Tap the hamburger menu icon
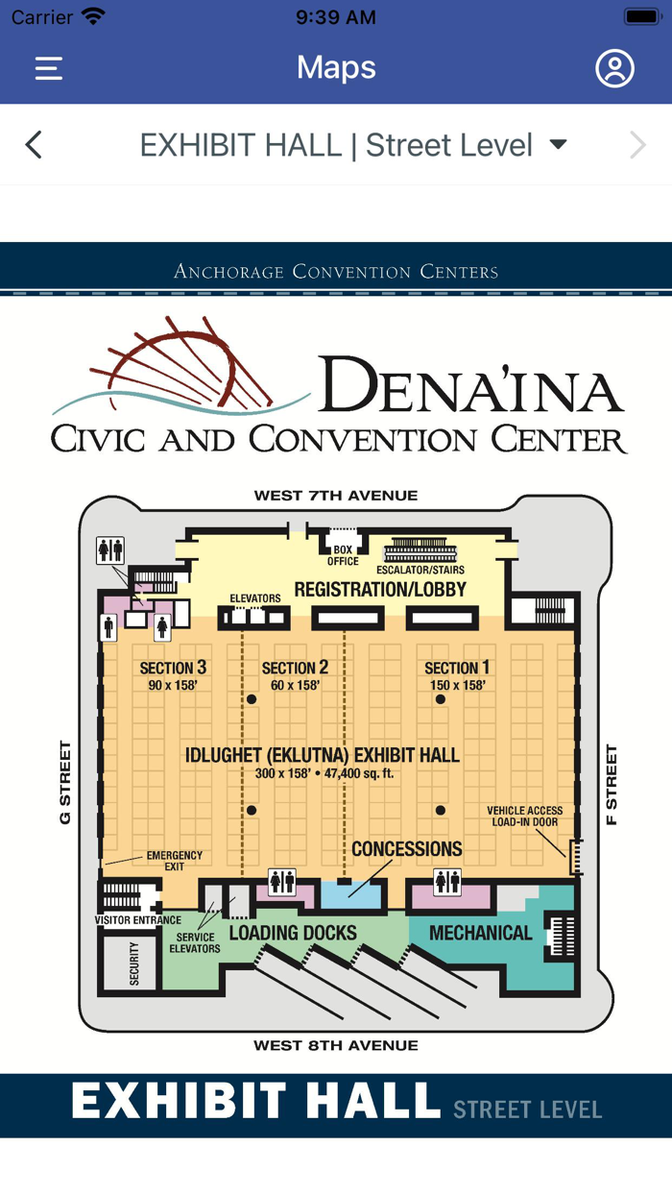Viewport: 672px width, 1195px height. [x=49, y=68]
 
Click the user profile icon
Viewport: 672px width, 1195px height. [x=614, y=68]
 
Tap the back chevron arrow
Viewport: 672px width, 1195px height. [x=34, y=145]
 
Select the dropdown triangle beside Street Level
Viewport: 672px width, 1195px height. [x=558, y=144]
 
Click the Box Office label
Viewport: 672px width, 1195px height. [x=343, y=555]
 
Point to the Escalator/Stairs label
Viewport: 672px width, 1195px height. [x=420, y=570]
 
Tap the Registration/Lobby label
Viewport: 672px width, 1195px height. [x=380, y=590]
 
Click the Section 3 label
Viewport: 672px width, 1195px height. [x=173, y=668]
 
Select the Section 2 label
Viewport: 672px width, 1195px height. [x=295, y=668]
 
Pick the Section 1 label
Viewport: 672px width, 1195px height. [x=457, y=668]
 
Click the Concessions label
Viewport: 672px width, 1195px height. [x=407, y=849]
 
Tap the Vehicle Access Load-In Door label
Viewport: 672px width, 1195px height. [x=525, y=817]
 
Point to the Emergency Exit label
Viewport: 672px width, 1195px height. [x=175, y=861]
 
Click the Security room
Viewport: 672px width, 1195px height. [x=132, y=963]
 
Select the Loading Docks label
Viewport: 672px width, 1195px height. [x=293, y=933]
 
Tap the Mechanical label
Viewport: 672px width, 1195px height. [x=481, y=933]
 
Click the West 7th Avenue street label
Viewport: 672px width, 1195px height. [x=336, y=496]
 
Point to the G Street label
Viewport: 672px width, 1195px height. [x=65, y=782]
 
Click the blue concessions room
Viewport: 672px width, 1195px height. [x=350, y=894]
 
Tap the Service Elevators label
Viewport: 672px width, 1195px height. [x=195, y=942]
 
